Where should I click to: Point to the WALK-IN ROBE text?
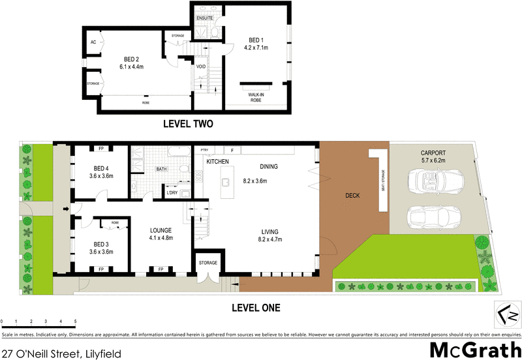coord(255,97)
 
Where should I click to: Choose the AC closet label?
coord(93,41)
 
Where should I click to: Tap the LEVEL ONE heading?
coord(258,307)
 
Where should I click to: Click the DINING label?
coord(268,166)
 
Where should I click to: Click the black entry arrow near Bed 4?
coord(65,209)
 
